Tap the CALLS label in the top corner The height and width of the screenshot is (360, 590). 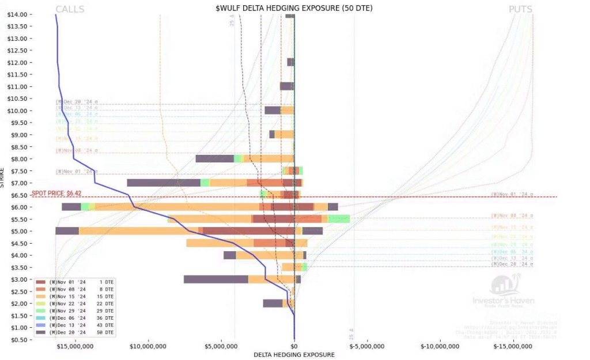(70, 9)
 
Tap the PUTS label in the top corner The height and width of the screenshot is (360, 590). (520, 9)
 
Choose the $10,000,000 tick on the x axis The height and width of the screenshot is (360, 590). (149, 346)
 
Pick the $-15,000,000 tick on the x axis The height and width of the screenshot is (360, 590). (513, 346)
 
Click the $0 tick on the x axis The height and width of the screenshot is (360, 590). (294, 346)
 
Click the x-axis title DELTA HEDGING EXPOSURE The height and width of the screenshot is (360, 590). (294, 355)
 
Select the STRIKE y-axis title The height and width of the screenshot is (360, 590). (3, 176)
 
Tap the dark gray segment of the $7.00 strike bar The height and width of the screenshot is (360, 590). (164, 183)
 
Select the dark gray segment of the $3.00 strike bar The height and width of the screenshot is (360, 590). (216, 279)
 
